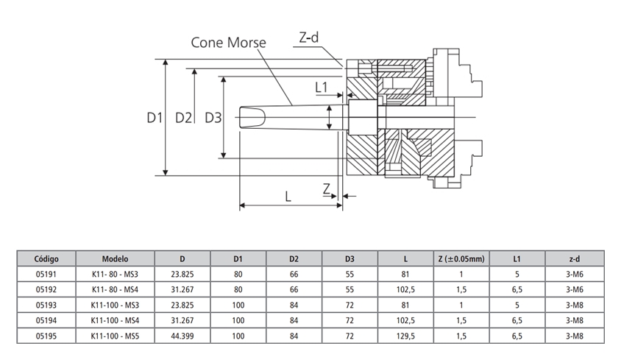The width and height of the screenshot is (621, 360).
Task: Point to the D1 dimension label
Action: (x=154, y=118)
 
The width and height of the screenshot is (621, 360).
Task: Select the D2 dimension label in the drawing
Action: (x=183, y=118)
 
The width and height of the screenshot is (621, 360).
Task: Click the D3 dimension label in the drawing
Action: (x=213, y=118)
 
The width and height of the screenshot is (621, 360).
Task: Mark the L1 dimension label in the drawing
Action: (x=322, y=88)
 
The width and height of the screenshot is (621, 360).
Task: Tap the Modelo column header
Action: (x=116, y=258)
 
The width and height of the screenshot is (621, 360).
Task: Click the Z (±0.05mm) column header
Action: (x=461, y=258)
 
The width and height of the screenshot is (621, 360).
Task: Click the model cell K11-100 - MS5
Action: (x=116, y=336)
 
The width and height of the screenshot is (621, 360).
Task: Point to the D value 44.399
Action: (x=182, y=336)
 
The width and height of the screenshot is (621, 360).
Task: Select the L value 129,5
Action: (x=405, y=336)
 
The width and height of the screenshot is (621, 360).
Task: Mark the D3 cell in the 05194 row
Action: (x=349, y=320)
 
